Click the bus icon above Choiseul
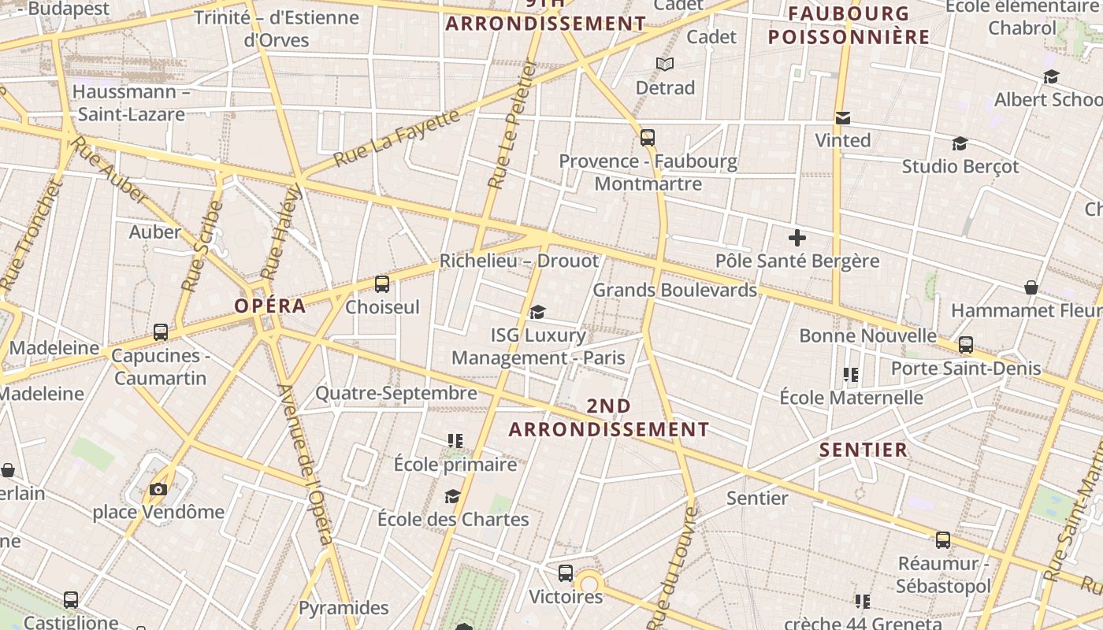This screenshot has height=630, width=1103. click(x=382, y=284)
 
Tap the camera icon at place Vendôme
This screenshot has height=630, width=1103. click(x=158, y=489)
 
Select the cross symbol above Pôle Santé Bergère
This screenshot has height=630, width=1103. click(x=797, y=237)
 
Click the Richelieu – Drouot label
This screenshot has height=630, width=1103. click(x=519, y=261)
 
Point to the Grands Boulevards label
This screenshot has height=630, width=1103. click(x=674, y=290)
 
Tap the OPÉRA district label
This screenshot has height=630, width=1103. click(x=270, y=306)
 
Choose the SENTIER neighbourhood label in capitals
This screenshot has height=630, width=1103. click(x=863, y=450)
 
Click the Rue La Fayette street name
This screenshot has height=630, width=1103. click(x=396, y=138)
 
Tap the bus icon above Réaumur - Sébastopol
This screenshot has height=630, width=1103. click(x=943, y=540)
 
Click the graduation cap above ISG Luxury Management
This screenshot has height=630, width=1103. click(x=537, y=313)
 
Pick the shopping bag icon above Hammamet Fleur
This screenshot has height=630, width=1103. click(x=1031, y=287)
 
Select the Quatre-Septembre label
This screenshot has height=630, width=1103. click(x=396, y=392)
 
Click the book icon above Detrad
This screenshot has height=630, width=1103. click(x=665, y=64)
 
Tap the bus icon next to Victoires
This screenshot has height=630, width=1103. click(x=566, y=573)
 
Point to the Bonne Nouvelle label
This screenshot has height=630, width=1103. click(x=867, y=335)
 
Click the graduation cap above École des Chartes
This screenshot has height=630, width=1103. click(x=452, y=496)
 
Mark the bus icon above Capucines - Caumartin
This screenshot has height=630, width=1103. click(x=161, y=332)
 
